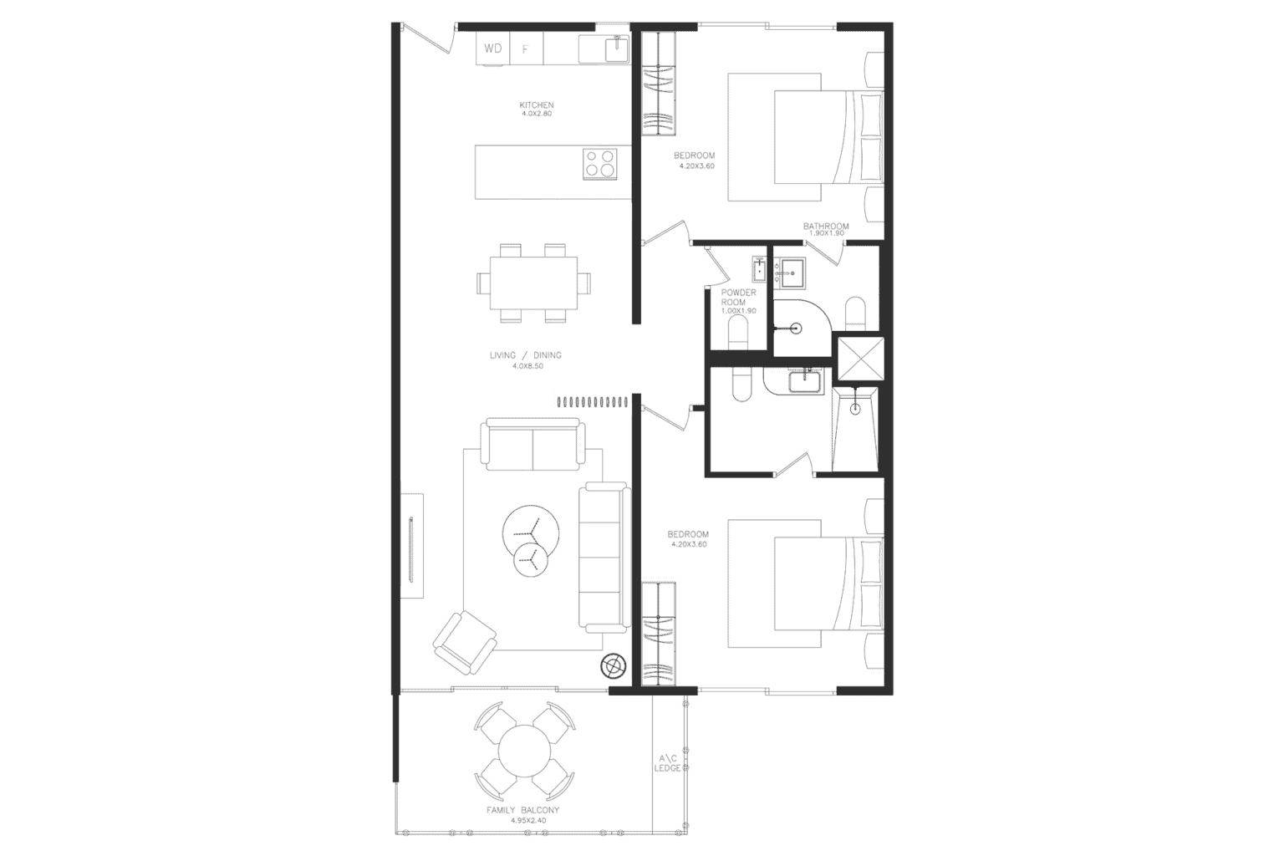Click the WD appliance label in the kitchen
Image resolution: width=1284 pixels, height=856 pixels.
tap(493, 48)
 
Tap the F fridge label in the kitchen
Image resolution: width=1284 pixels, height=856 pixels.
tap(525, 49)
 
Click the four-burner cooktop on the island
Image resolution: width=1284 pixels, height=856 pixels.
tap(599, 163)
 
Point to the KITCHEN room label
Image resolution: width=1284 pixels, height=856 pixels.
tap(536, 105)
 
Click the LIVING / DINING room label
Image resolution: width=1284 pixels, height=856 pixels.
tap(525, 355)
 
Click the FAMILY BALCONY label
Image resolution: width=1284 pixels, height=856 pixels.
tap(523, 810)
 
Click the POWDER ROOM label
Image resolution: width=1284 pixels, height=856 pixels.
tap(738, 297)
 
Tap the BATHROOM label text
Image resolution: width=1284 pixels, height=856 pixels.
tap(826, 226)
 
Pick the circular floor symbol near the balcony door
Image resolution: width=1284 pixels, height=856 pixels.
tap(614, 665)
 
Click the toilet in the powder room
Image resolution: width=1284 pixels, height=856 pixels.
tap(739, 334)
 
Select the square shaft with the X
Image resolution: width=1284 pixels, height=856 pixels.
tap(860, 358)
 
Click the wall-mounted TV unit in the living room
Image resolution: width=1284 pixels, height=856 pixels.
tap(411, 547)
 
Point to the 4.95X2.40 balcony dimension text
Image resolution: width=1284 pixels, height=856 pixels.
tap(527, 821)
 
